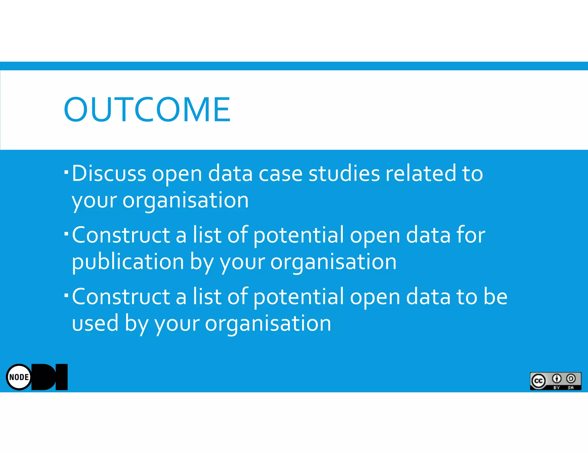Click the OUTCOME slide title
[x=147, y=109]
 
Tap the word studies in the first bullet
[x=344, y=173]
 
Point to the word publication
[x=128, y=262]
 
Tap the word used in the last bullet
[x=95, y=323]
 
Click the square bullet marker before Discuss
[x=66, y=172]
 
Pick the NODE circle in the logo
[x=19, y=377]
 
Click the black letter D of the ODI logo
[x=45, y=377]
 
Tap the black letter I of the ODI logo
[x=61, y=377]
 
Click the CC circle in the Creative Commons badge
[x=538, y=381]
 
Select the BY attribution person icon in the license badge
[x=557, y=379]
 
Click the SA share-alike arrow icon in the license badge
[x=571, y=379]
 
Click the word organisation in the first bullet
[x=185, y=200]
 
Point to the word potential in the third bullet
[x=299, y=296]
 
